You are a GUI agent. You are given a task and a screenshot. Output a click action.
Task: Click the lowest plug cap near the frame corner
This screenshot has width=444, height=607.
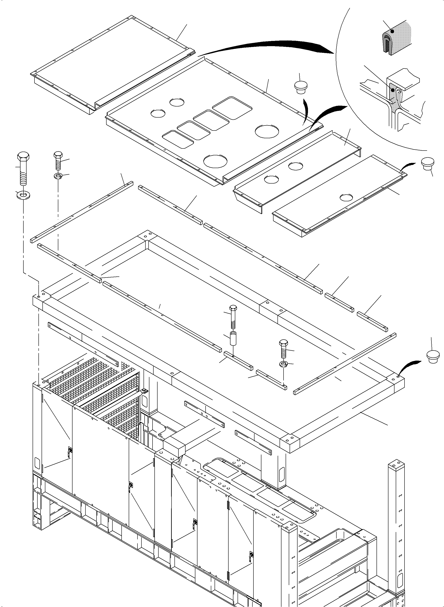click(433, 356)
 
